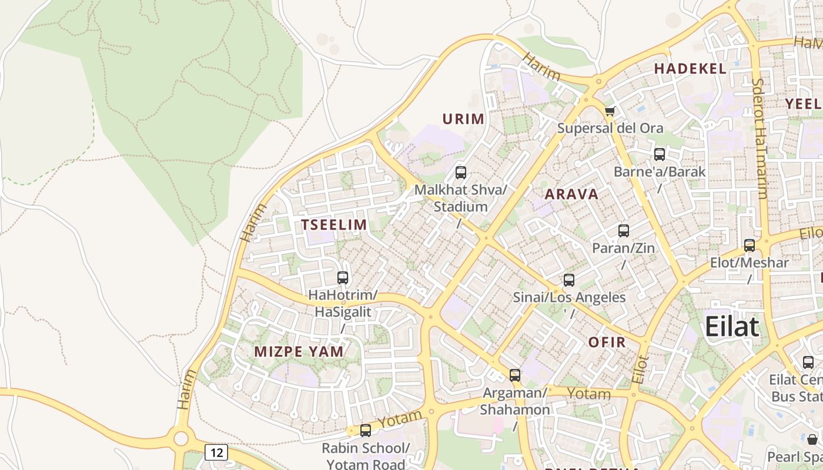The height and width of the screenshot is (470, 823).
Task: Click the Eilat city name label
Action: (732, 326)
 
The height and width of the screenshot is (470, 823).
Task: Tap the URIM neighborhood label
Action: (463, 119)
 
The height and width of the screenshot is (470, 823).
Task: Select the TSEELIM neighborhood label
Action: (334, 224)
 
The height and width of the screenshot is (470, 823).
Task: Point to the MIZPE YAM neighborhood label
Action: (299, 352)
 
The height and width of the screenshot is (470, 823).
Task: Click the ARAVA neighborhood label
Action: (571, 194)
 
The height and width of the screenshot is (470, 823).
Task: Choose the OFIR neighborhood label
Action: (607, 342)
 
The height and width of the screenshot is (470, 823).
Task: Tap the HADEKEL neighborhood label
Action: (690, 69)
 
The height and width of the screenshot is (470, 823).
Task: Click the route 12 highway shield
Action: (216, 452)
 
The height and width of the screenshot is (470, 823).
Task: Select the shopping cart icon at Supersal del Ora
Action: (610, 111)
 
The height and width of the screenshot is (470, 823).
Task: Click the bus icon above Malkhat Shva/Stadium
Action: (461, 173)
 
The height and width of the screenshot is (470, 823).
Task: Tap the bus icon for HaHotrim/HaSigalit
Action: (343, 278)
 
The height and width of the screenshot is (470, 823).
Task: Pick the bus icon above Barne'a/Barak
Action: (660, 155)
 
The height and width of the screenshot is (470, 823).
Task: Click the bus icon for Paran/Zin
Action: (624, 231)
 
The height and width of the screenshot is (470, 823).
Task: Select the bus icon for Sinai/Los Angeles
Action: (569, 280)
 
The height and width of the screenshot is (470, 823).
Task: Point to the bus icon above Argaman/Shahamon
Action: (515, 375)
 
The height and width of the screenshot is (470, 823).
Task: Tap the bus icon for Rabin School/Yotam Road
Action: (366, 431)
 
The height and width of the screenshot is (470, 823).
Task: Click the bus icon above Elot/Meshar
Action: (750, 246)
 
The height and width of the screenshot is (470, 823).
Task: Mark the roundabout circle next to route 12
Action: (181, 438)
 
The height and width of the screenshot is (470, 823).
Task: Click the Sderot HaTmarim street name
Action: (760, 138)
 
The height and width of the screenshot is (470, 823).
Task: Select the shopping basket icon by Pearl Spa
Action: (812, 439)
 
